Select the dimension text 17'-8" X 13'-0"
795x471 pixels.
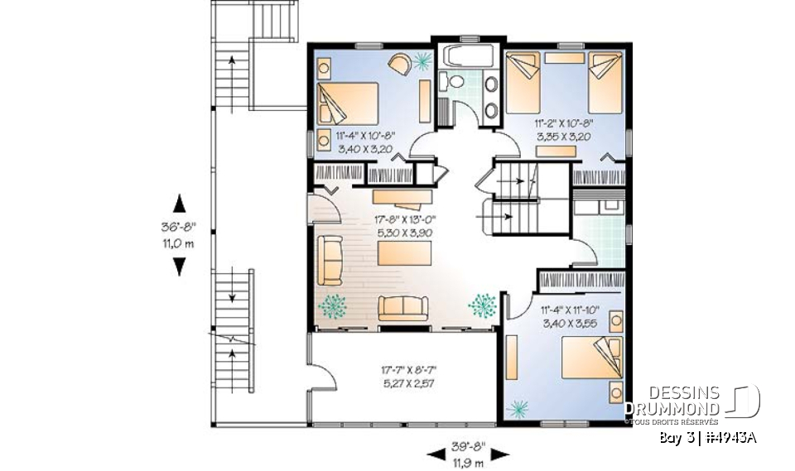pyautogui.click(x=406, y=220)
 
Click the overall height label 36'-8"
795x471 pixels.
pyautogui.click(x=178, y=225)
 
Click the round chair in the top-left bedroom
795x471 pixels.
pyautogui.click(x=398, y=65)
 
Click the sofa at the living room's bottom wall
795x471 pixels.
pyautogui.click(x=402, y=308)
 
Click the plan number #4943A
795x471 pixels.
pyautogui.click(x=734, y=437)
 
